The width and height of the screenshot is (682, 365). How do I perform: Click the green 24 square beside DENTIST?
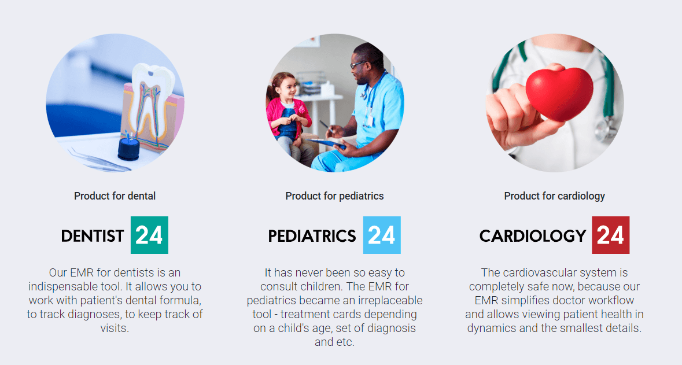pyautogui.click(x=149, y=235)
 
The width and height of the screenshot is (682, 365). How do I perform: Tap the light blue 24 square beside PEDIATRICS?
pyautogui.click(x=382, y=235)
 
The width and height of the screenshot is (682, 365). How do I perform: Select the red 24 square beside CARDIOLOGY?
pyautogui.click(x=611, y=235)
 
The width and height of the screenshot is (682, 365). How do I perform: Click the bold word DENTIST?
pyautogui.click(x=92, y=236)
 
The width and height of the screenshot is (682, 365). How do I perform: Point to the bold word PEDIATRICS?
pyautogui.click(x=312, y=236)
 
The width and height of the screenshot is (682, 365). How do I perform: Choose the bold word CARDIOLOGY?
pyautogui.click(x=533, y=236)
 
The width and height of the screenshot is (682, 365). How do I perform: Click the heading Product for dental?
pyautogui.click(x=115, y=196)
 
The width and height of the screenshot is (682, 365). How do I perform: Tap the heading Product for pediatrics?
pyautogui.click(x=334, y=196)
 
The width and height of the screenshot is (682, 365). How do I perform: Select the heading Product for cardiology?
pyautogui.click(x=555, y=196)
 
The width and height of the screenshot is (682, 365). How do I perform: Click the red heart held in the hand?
pyautogui.click(x=559, y=92)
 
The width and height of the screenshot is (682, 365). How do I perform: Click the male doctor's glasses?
pyautogui.click(x=359, y=65)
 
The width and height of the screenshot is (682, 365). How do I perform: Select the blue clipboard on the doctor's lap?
pyautogui.click(x=329, y=143)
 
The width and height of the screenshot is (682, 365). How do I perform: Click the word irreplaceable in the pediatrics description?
pyautogui.click(x=378, y=301)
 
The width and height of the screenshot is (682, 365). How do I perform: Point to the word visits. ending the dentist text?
pyautogui.click(x=115, y=328)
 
